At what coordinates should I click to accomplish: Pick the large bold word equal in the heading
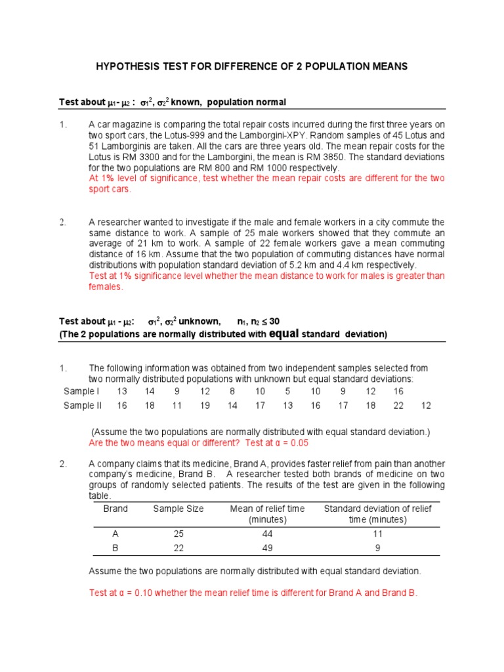coord(284,333)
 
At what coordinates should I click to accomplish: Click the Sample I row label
coord(81,391)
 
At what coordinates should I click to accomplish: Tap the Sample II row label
coord(83,406)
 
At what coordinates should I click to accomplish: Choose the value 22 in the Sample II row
coord(398,406)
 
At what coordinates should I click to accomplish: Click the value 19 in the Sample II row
coord(205,406)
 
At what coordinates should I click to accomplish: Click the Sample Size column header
coord(178,509)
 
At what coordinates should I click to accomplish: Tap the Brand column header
coord(115,509)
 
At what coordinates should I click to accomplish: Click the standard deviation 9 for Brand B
coord(378,548)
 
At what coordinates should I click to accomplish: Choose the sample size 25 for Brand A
coord(178,534)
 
